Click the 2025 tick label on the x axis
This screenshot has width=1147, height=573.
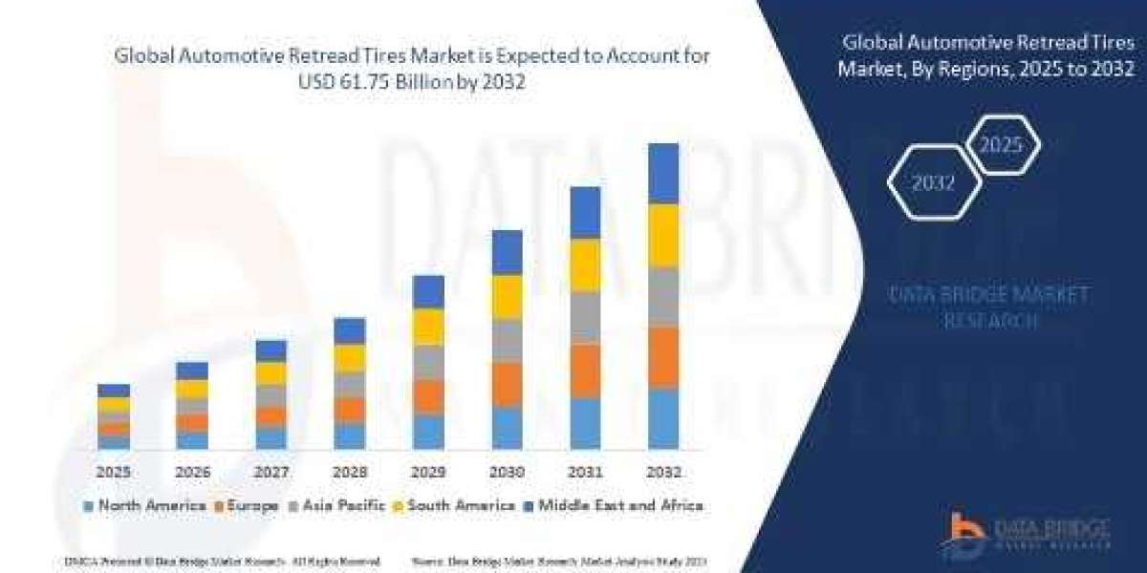[x=113, y=472]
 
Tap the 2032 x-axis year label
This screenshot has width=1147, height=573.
[x=663, y=472]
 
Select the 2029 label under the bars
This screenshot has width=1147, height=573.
[x=427, y=472]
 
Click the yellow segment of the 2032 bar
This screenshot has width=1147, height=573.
[x=663, y=235]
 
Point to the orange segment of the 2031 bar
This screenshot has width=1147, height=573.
[x=585, y=371]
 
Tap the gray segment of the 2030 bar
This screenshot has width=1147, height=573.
[x=507, y=340]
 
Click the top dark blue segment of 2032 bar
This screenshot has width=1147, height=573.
[x=663, y=173]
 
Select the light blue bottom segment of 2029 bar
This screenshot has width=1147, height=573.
[x=428, y=432]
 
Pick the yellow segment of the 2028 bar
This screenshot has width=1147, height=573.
[x=350, y=358]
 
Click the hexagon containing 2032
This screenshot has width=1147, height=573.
[x=933, y=183]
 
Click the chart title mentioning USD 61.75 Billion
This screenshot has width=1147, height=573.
[x=413, y=70]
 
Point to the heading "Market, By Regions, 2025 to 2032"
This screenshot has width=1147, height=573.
[x=985, y=69]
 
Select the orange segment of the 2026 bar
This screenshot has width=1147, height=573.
[x=192, y=422]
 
